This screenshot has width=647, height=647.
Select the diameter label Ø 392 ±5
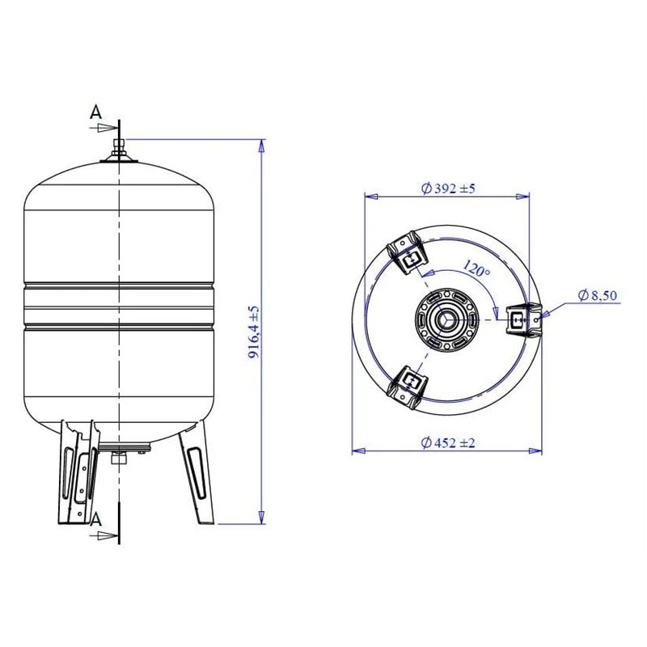coord(448,188)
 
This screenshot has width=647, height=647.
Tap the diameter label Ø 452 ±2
coord(448,442)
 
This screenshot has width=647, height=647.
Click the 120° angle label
coord(476,269)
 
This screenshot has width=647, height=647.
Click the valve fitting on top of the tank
coord(119,148)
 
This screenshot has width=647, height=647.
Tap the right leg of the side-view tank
coord(197,473)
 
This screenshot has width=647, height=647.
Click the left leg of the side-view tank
coord(78,473)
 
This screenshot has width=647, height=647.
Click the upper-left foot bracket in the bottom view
coord(409,253)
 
